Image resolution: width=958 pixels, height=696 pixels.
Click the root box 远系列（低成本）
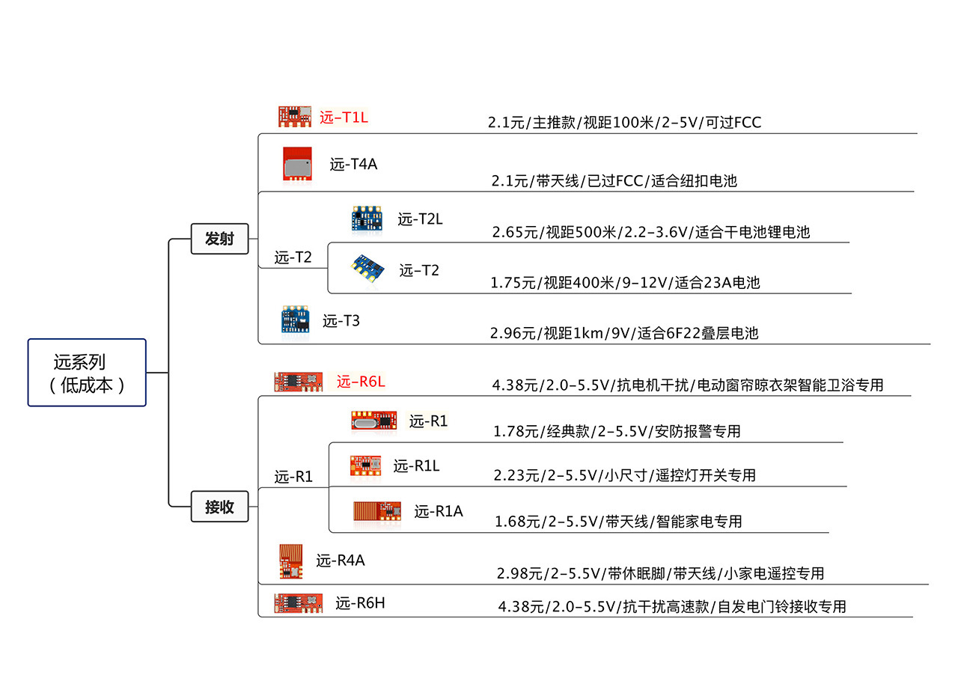[87, 373]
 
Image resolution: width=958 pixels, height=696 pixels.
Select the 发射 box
[219, 239]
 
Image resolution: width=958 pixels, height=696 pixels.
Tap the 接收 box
[219, 507]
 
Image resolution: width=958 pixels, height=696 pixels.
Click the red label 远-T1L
[344, 117]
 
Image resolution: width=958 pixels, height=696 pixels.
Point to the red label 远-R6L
[361, 382]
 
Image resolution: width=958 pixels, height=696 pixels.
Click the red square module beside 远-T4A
[297, 163]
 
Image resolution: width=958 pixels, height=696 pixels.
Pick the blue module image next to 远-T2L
[366, 218]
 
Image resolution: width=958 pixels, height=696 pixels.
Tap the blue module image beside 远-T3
[294, 319]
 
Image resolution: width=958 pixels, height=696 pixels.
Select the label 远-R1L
[416, 466]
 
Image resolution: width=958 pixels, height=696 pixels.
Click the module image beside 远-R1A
[377, 511]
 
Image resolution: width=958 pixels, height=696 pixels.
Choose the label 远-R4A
[340, 560]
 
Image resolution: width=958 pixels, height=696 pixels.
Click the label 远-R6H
[360, 602]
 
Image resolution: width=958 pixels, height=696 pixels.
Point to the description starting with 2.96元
[624, 333]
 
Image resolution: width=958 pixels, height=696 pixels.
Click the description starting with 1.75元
[625, 283]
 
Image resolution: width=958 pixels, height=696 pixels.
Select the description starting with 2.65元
[651, 232]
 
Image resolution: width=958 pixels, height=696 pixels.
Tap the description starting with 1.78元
[617, 431]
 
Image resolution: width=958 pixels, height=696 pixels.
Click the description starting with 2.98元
[660, 573]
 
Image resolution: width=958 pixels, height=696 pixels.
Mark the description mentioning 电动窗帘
[688, 385]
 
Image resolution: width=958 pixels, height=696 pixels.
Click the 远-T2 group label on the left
[293, 258]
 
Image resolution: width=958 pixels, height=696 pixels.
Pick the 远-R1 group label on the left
[293, 477]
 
